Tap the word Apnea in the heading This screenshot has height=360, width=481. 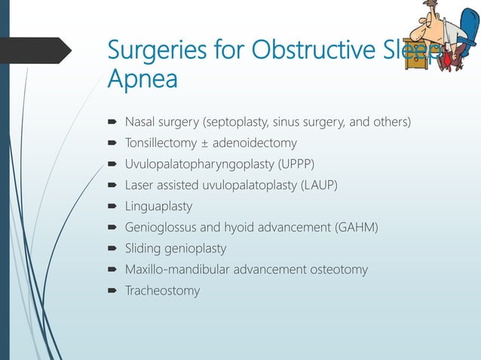click(x=142, y=79)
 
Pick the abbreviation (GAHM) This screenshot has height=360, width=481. click(x=356, y=227)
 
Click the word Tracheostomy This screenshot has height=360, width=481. click(x=162, y=290)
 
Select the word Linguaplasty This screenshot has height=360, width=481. click(x=158, y=206)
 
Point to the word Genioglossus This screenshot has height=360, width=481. click(x=161, y=227)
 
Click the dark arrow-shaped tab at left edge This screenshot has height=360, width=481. click(x=34, y=50)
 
